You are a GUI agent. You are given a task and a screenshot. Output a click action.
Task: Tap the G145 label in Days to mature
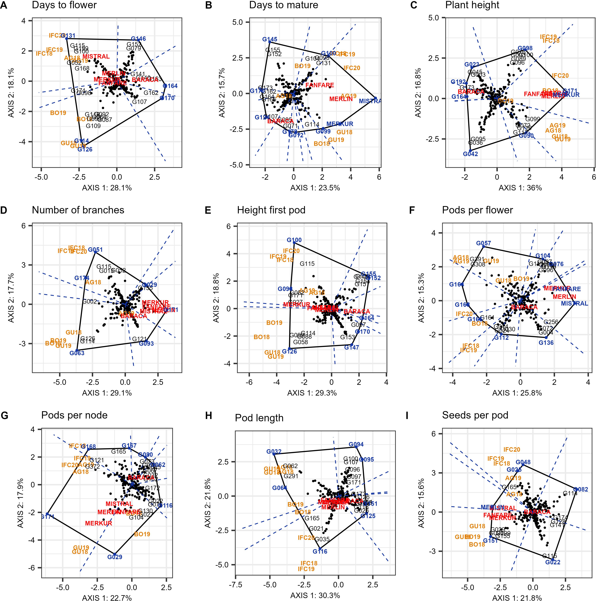(x=270, y=40)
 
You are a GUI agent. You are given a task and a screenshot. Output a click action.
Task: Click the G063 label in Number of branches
(x=77, y=353)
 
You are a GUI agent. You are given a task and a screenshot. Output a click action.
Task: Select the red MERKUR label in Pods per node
(x=99, y=524)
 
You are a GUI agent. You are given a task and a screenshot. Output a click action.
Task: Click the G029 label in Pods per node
(x=115, y=557)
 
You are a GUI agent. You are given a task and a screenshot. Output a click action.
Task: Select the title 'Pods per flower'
(x=477, y=210)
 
